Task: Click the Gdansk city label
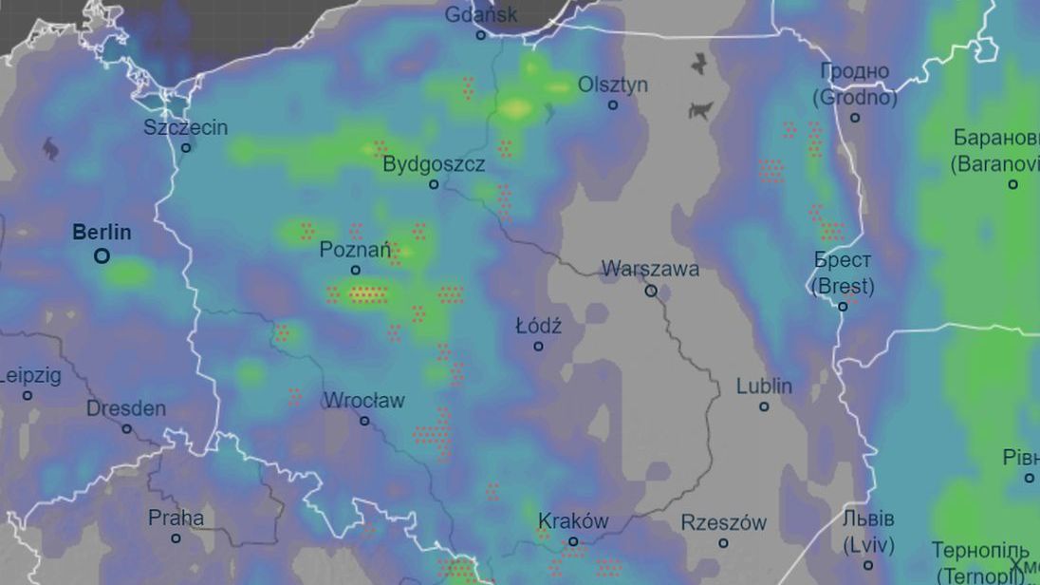click(x=482, y=15)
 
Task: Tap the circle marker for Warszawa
click(x=651, y=291)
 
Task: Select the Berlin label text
click(x=102, y=233)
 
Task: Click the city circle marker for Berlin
click(x=102, y=255)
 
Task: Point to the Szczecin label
click(x=186, y=127)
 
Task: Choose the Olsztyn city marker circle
click(x=613, y=104)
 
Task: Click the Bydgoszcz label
click(x=434, y=164)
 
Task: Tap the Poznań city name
click(x=355, y=250)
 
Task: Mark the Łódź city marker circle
click(x=538, y=346)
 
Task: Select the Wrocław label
click(x=364, y=400)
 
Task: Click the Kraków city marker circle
click(x=573, y=541)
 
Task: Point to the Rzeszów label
click(x=723, y=523)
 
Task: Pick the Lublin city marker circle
click(x=764, y=406)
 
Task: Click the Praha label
click(x=176, y=519)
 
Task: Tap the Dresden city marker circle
click(x=126, y=428)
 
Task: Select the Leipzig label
click(x=30, y=376)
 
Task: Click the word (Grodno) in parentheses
click(x=854, y=97)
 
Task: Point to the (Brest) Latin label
click(x=843, y=286)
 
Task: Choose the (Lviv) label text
click(x=868, y=545)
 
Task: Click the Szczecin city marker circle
click(x=186, y=147)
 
